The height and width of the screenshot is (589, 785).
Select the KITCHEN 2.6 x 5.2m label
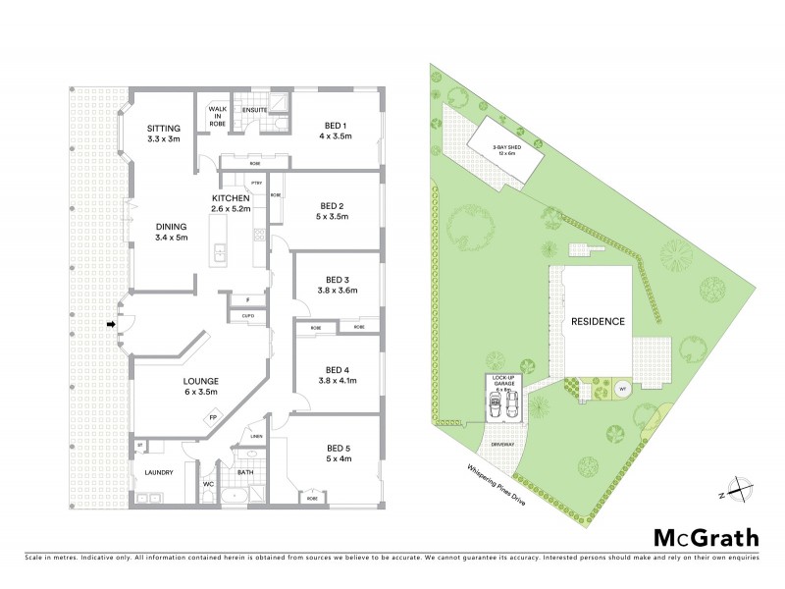(x=233, y=203)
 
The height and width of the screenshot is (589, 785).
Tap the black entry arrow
(x=111, y=322)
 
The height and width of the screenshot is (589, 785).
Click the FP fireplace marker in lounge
(x=212, y=417)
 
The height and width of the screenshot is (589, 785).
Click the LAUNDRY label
(x=159, y=473)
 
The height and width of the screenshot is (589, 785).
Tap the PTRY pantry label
(x=256, y=183)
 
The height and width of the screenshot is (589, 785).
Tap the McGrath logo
(x=706, y=537)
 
